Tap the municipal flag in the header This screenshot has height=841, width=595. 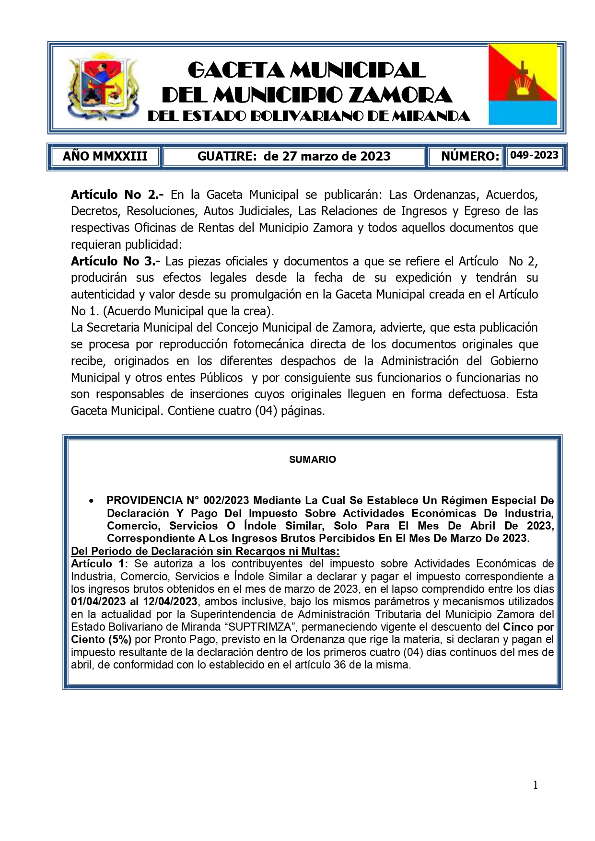[x=523, y=85]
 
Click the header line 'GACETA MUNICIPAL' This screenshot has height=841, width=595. [x=306, y=70]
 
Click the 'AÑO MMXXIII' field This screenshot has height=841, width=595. [x=105, y=156]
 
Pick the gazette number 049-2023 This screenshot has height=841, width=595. [x=534, y=155]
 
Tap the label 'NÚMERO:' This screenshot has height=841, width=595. [x=470, y=156]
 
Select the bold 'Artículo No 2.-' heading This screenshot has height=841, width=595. [x=117, y=195]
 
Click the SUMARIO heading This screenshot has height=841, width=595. [x=312, y=460]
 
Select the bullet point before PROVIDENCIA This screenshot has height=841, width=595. [x=91, y=501]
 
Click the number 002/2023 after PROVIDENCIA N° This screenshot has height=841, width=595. [x=226, y=501]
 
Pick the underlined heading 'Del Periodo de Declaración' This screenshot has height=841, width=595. [x=205, y=551]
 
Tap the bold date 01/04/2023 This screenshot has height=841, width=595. [x=98, y=602]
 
